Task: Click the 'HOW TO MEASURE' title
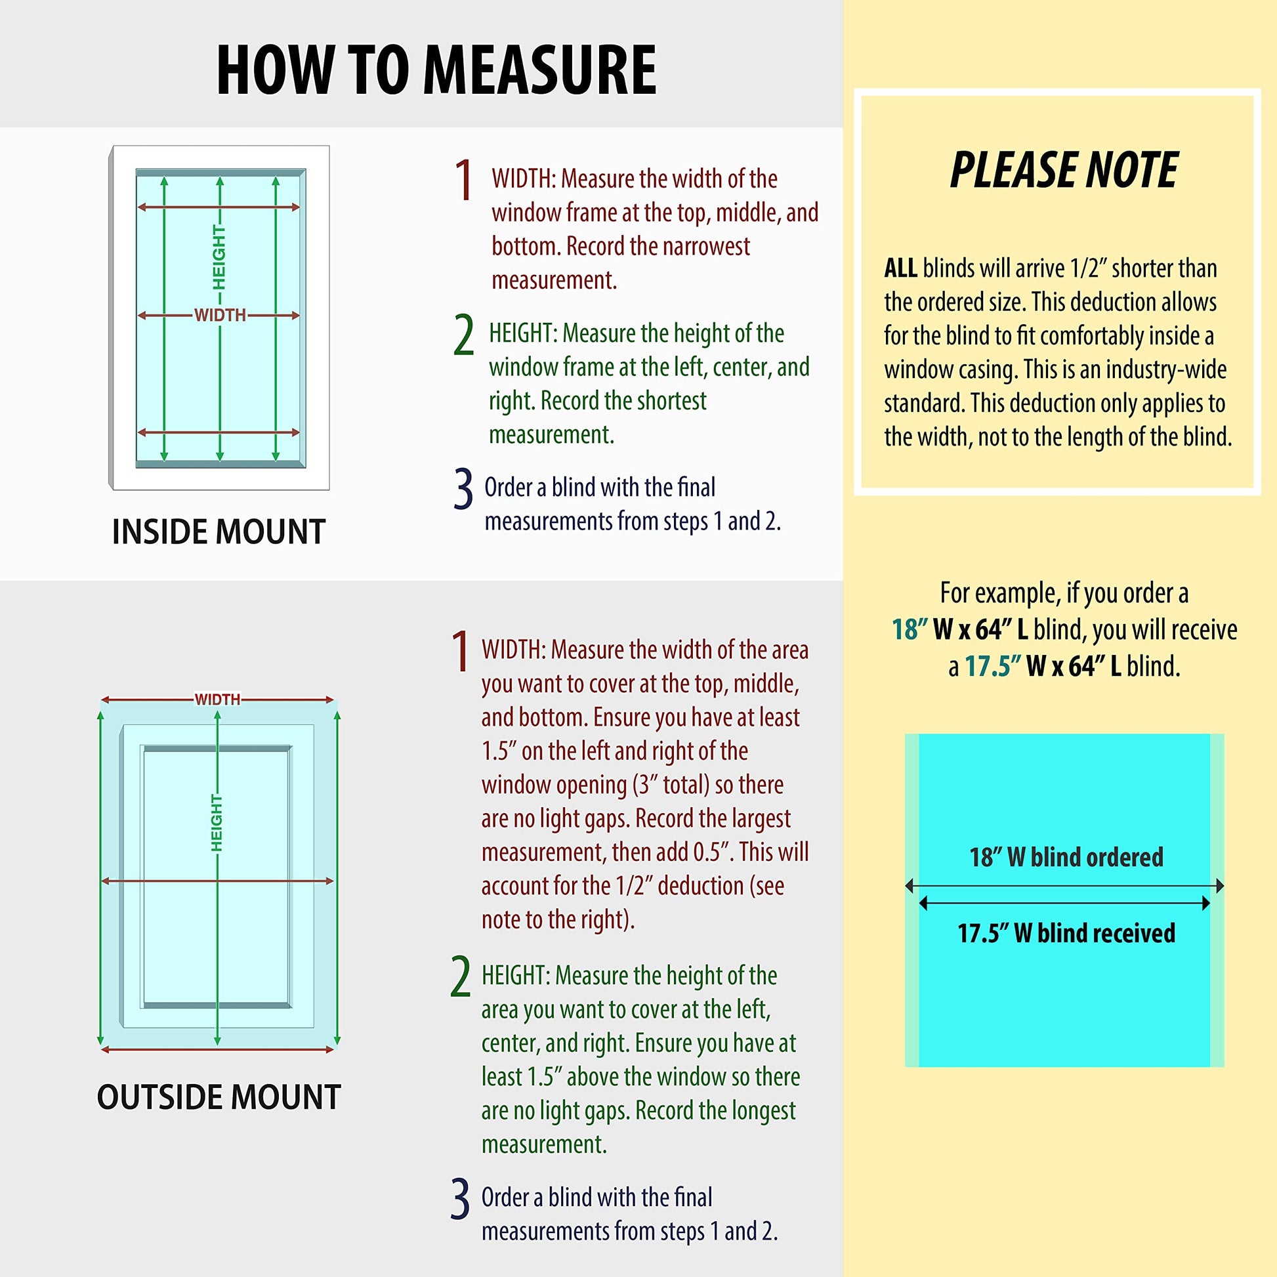click(x=436, y=70)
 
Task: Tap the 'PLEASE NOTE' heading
click(x=1064, y=170)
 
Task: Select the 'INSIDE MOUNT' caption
click(x=219, y=532)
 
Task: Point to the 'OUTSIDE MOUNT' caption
click(x=219, y=1097)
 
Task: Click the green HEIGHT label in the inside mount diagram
click(x=219, y=257)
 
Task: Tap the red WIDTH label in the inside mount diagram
click(x=220, y=315)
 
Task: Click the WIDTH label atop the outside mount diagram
click(x=217, y=700)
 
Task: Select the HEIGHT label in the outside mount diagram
click(x=216, y=823)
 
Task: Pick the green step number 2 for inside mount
click(x=464, y=335)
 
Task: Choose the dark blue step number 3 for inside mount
click(x=463, y=488)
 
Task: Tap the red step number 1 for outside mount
click(x=461, y=652)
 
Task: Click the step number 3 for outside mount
click(x=460, y=1198)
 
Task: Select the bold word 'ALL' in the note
click(x=900, y=268)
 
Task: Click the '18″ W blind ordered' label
click(x=1066, y=857)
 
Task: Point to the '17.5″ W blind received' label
click(x=1066, y=933)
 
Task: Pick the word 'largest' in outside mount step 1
click(x=753, y=819)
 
